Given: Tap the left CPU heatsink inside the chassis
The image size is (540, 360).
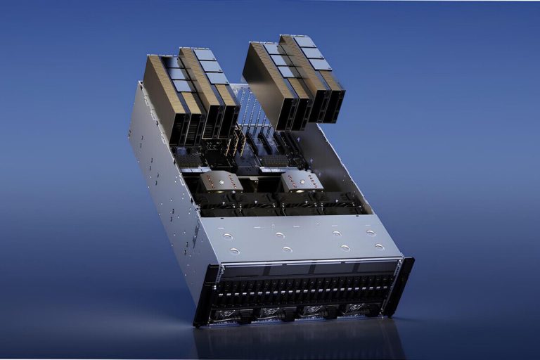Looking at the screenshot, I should pyautogui.click(x=220, y=181).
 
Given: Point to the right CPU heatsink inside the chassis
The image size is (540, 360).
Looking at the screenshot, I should pyautogui.click(x=302, y=181).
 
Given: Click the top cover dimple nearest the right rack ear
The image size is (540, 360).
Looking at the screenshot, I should pyautogui.click(x=380, y=246).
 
